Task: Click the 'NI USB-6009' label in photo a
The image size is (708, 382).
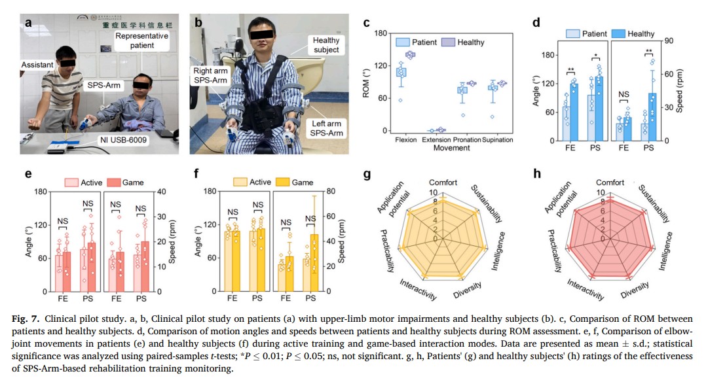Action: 123,140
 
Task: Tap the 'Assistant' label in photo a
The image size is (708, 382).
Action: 37,65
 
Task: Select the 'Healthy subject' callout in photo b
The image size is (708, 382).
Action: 326,44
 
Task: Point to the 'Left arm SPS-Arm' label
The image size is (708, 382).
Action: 326,128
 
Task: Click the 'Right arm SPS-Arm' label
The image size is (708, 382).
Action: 210,75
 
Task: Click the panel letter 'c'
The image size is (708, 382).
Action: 366,22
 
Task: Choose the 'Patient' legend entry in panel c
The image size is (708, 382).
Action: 416,42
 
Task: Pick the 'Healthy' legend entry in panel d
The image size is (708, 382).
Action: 633,34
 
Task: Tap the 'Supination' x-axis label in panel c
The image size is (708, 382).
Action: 497,140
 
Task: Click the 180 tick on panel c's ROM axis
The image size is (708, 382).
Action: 381,33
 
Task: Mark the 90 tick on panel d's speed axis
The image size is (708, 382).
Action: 669,41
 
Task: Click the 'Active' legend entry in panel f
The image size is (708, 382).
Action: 252,182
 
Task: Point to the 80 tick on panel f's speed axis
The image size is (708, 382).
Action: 331,191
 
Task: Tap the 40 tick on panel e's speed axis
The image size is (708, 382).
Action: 161,192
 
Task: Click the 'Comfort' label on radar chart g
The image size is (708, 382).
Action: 443,182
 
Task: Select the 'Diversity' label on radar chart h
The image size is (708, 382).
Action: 635,290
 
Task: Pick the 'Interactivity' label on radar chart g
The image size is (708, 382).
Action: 418,290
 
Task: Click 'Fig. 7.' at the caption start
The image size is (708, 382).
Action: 26,319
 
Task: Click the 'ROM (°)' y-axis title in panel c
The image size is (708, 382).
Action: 366,82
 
